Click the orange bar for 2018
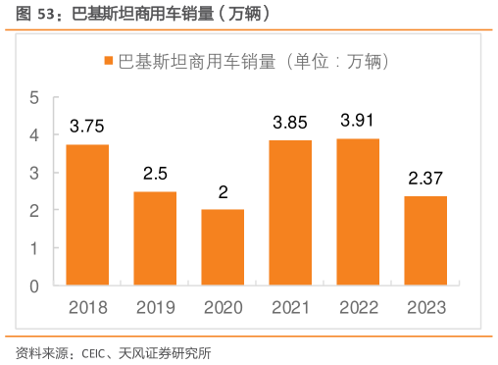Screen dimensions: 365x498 (x=87, y=215)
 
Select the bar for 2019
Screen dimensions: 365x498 (x=155, y=238)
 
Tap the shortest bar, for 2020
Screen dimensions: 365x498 (x=223, y=247)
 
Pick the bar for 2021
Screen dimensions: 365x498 (x=290, y=213)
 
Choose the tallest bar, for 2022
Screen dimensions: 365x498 (x=358, y=212)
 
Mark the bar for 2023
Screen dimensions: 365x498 (x=425, y=240)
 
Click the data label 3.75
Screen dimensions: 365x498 (x=87, y=128)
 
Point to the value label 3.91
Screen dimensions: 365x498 (x=358, y=122)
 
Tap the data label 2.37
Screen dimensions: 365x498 (x=425, y=180)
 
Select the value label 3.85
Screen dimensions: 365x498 (x=290, y=124)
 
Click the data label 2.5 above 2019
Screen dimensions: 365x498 (x=155, y=175)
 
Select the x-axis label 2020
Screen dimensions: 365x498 (x=223, y=307)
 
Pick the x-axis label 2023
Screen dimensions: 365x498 (x=425, y=307)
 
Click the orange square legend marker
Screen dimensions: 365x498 (x=109, y=61)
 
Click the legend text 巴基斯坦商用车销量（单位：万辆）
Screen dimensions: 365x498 (x=254, y=61)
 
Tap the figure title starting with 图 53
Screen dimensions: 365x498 (x=137, y=14)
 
